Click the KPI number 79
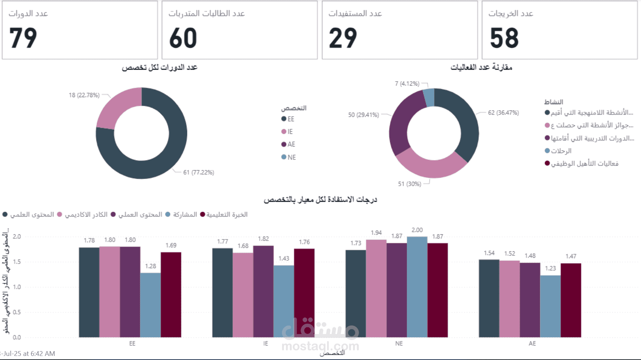pos(23,38)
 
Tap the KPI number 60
pos(183,38)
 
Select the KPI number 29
pos(343,38)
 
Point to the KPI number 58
pos(504,38)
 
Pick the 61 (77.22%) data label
pos(198,172)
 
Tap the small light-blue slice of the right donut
pos(429,98)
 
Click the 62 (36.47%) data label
pos(503,113)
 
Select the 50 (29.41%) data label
pos(363,115)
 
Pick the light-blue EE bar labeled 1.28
pos(150,305)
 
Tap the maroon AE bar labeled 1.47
pos(571,300)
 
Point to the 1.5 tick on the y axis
pos(17,262)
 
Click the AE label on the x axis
pos(532,344)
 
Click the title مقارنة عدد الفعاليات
pos(481,67)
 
